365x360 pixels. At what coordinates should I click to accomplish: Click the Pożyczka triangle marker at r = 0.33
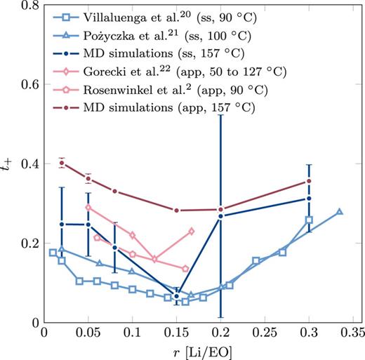click(340, 211)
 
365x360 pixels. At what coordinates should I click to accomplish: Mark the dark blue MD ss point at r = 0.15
click(177, 296)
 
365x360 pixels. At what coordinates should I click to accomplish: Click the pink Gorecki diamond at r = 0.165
click(192, 231)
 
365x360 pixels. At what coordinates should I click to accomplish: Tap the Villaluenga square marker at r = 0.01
click(53, 253)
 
